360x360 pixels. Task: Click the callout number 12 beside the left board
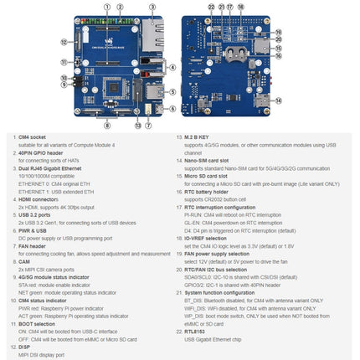(64, 41)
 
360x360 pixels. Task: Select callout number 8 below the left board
(106, 126)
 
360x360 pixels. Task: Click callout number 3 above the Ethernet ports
(152, 7)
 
